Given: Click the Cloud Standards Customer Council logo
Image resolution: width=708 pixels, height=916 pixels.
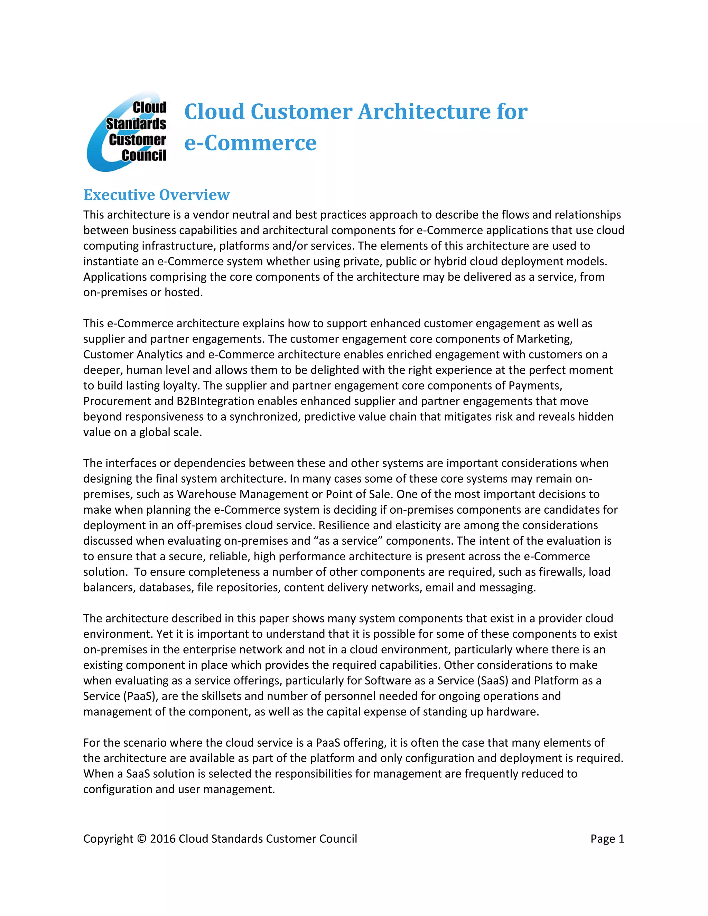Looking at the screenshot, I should pyautogui.click(x=127, y=132).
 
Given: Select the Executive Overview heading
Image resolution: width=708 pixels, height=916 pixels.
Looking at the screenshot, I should pyautogui.click(x=157, y=195).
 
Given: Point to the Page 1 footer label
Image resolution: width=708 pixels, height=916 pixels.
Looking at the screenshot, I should pyautogui.click(x=607, y=839).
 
